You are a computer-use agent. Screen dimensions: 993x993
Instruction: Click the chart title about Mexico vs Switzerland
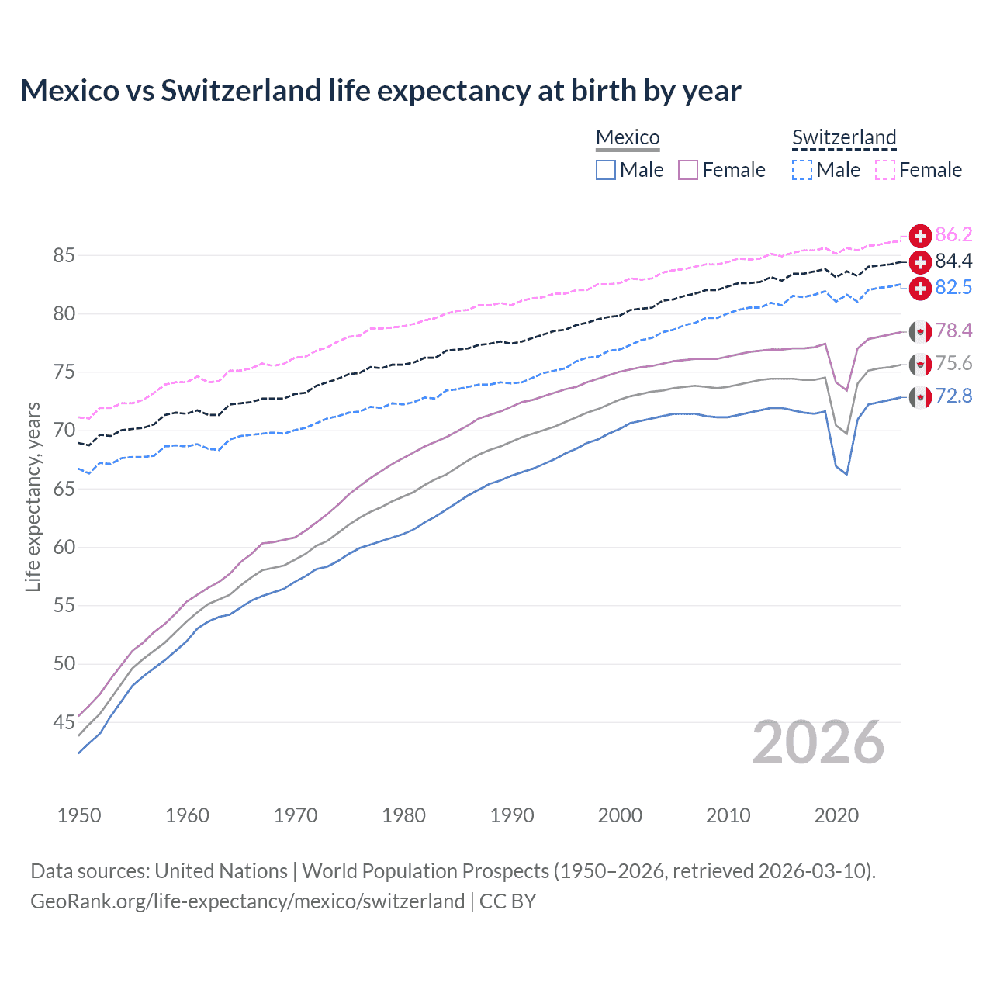380,91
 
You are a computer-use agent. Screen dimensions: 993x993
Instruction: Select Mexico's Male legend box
606,170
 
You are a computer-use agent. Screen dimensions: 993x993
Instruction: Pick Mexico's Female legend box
688,170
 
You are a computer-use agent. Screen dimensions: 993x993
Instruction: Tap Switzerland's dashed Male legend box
802,170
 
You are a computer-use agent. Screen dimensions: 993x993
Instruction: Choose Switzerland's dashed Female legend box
885,170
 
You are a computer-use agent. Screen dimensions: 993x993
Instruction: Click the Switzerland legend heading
844,138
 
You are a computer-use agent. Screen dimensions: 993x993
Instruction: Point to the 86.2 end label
953,235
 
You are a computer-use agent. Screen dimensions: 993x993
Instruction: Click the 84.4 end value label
953,261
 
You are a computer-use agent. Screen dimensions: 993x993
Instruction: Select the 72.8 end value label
953,396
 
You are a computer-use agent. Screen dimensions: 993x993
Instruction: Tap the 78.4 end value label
953,331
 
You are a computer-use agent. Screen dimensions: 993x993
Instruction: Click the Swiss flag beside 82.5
920,288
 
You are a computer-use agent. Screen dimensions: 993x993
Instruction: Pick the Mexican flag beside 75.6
920,364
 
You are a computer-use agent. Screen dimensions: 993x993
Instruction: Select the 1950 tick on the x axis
79,815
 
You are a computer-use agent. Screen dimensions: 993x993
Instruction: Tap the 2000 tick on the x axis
620,815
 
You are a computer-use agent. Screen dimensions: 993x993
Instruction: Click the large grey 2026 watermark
818,742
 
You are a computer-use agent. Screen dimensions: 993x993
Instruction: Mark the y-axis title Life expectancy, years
33,496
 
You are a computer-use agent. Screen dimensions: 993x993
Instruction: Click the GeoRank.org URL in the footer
247,901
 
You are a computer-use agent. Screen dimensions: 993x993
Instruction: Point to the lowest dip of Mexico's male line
846,474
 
